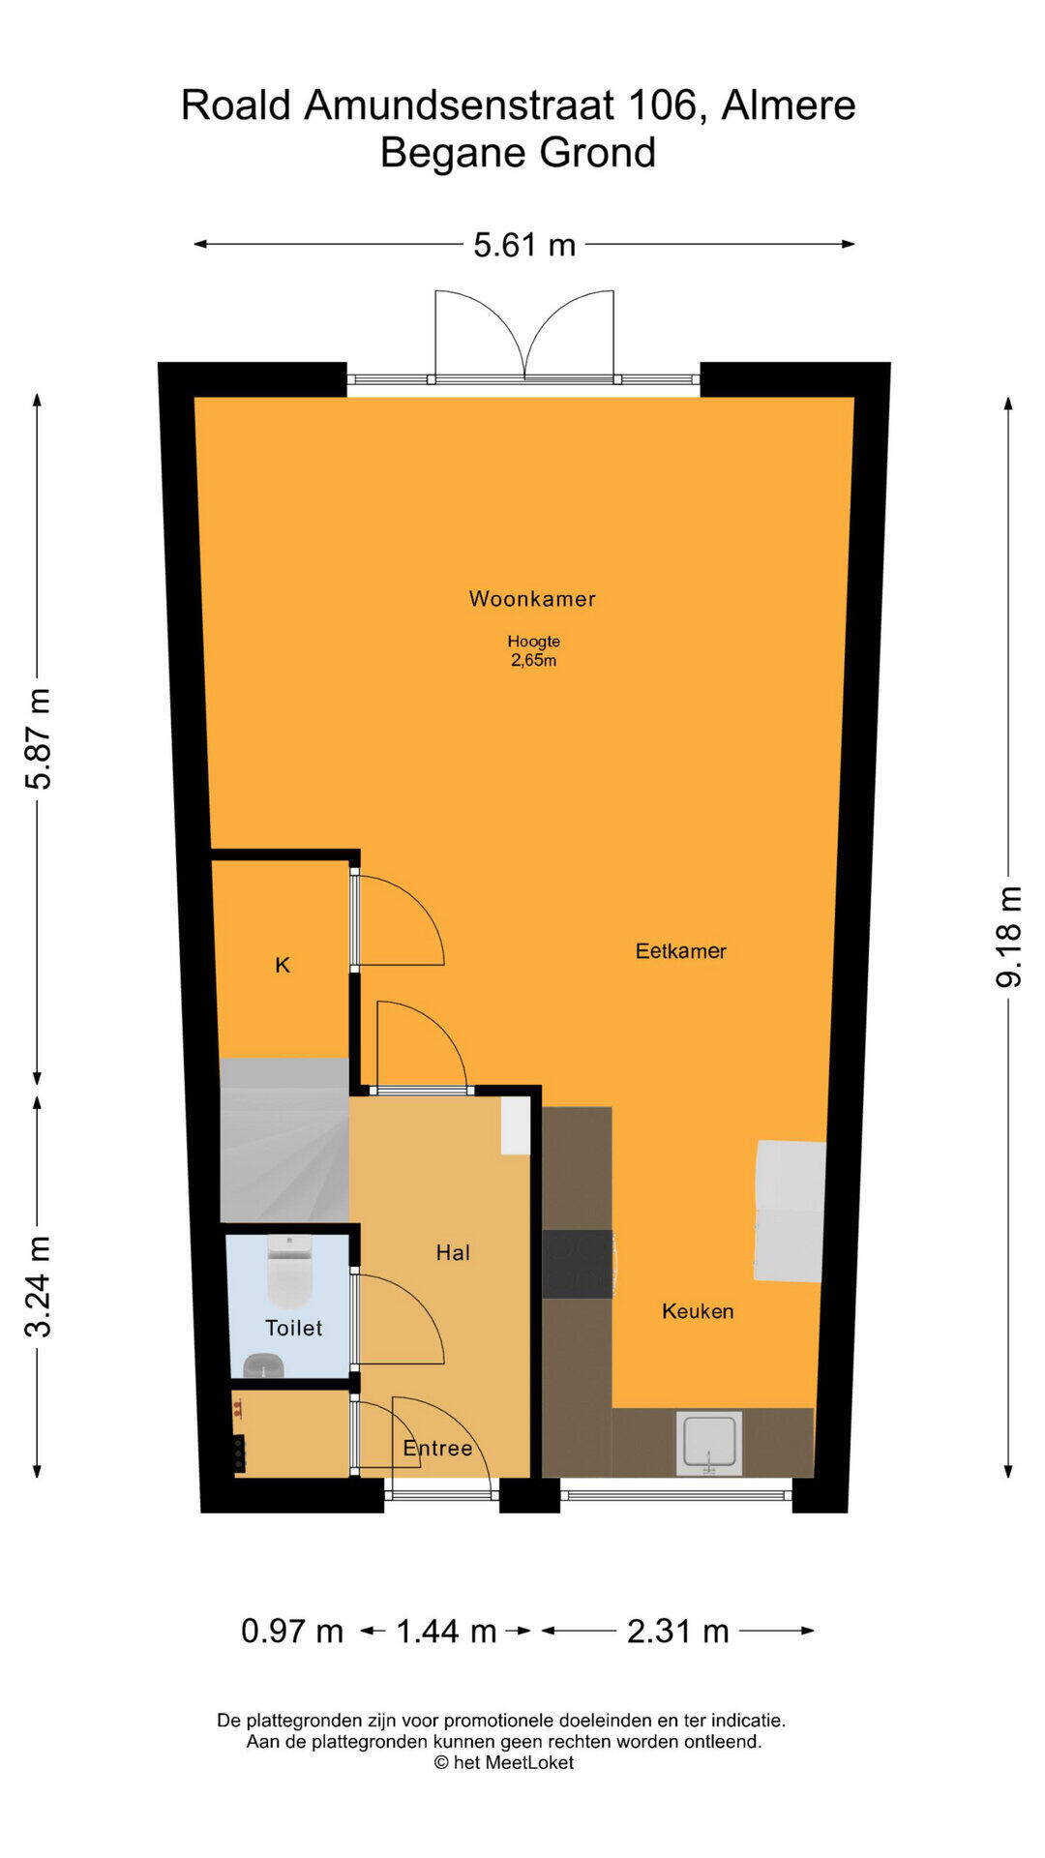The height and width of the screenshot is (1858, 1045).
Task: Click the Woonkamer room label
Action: click(532, 599)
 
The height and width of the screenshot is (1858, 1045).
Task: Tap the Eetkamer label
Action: click(681, 951)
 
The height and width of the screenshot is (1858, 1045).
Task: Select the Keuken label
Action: click(698, 1311)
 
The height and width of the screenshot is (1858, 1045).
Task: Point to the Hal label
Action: click(453, 1253)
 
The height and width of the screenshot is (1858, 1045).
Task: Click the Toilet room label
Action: click(294, 1328)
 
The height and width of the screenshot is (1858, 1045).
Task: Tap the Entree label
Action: click(437, 1449)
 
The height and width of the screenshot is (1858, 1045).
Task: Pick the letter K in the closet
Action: click(283, 965)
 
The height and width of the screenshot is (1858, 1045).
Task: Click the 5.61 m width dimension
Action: click(524, 245)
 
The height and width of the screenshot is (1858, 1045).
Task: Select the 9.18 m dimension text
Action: click(1008, 937)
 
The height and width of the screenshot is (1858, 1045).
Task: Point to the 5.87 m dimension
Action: click(38, 739)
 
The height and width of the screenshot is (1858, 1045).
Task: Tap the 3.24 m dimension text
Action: click(38, 1287)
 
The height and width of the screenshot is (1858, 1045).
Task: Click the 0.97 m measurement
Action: click(292, 1631)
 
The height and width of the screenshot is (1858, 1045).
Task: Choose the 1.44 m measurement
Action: click(446, 1631)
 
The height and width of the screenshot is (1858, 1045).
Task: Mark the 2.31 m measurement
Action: click(677, 1631)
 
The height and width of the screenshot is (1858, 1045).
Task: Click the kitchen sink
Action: click(710, 1443)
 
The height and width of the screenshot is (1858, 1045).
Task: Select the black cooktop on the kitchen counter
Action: click(578, 1264)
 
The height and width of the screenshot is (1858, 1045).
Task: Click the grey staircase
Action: click(284, 1140)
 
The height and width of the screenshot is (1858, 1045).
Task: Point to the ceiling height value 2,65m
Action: click(534, 661)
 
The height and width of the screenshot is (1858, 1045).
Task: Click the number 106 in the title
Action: click(661, 105)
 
